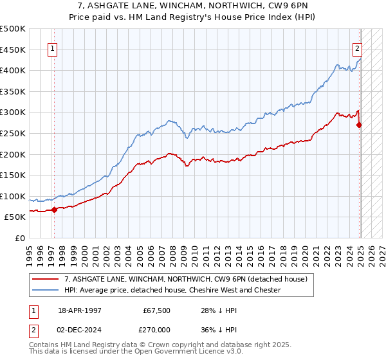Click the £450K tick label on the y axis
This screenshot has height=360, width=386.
pos(13,50)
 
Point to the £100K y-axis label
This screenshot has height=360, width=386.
pos(13,196)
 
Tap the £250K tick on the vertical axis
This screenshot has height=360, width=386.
pos(13,133)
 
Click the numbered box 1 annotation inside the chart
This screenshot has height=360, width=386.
pos(51,47)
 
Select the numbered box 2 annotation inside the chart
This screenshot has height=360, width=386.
pos(357,47)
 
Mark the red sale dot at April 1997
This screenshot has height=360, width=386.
pos(55,209)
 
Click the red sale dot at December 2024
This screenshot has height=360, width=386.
pos(360,125)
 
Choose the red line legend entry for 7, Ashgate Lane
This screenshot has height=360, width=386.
pos(186,279)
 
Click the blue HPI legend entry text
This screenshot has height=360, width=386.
pos(172,290)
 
